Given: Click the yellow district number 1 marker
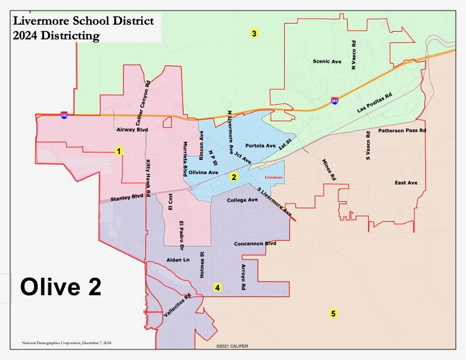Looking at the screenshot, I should point(119,151).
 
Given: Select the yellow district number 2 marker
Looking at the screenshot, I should point(234,176).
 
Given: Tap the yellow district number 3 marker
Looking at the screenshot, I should point(254,34).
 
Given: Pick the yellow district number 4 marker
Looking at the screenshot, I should point(218,288).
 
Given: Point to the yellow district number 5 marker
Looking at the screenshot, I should point(333,314).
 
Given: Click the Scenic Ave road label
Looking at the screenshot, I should point(327,61).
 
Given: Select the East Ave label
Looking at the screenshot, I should point(405,183).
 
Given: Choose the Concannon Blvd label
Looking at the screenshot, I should point(255,244).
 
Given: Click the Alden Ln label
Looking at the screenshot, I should point(178,259).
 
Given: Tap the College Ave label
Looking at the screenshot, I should point(242,200).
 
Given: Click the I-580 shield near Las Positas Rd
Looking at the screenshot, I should point(334,101).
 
